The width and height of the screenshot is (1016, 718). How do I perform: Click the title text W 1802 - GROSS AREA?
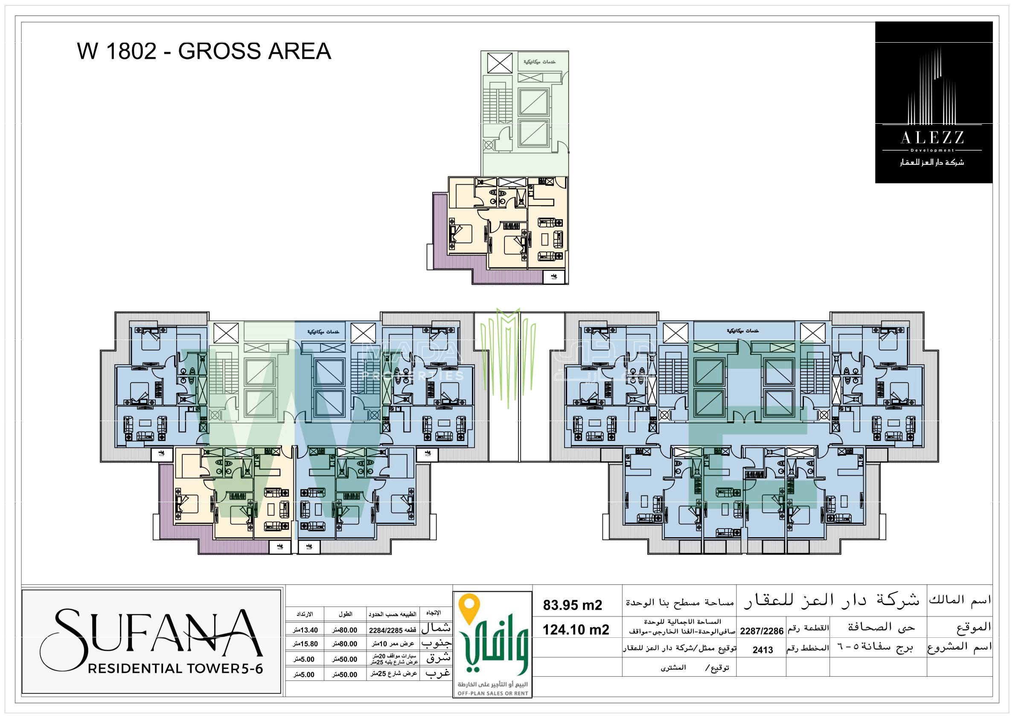[x=204, y=51]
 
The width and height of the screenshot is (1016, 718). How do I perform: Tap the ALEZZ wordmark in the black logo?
[x=932, y=138]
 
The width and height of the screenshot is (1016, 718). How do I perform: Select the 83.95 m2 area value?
[x=573, y=605]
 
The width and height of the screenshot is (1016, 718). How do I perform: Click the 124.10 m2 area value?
[x=576, y=630]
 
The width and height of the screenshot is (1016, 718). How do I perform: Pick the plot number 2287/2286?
[x=762, y=631]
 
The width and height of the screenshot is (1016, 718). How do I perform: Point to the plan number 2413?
[x=763, y=650]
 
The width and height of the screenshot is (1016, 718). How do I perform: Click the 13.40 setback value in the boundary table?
[x=306, y=630]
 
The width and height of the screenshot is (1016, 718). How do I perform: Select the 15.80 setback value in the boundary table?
[x=306, y=644]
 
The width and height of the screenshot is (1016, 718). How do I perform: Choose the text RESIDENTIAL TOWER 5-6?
[x=175, y=669]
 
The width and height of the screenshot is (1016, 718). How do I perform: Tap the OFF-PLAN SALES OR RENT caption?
[x=492, y=693]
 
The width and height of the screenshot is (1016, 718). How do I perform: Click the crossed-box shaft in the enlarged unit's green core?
[x=500, y=63]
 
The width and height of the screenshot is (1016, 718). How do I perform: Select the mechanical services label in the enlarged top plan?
[x=539, y=62]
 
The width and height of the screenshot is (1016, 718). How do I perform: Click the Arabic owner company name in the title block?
[x=832, y=600]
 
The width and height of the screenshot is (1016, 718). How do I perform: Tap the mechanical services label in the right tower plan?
[x=742, y=331]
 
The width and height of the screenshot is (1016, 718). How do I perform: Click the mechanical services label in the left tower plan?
[x=323, y=332]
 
